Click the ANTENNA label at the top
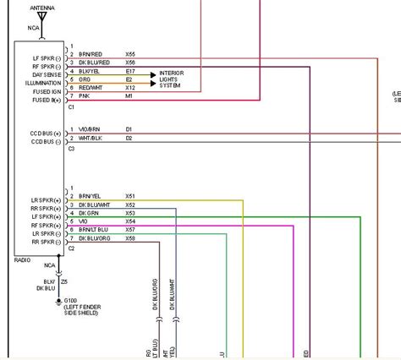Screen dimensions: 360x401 [42, 7]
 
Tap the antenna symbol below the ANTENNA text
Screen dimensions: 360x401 [42, 17]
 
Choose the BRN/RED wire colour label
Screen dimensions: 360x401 [91, 53]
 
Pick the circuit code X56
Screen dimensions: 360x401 [130, 63]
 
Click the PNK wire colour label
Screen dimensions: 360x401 [83, 96]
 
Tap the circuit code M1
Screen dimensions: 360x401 [129, 96]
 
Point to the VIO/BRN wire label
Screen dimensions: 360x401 [89, 129]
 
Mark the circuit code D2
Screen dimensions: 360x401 [129, 137]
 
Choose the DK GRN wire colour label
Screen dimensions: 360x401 [87, 213]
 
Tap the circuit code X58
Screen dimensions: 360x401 [130, 238]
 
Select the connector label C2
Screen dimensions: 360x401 [71, 248]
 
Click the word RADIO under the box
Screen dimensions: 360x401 [22, 260]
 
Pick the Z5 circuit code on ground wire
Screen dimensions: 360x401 [64, 280]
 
